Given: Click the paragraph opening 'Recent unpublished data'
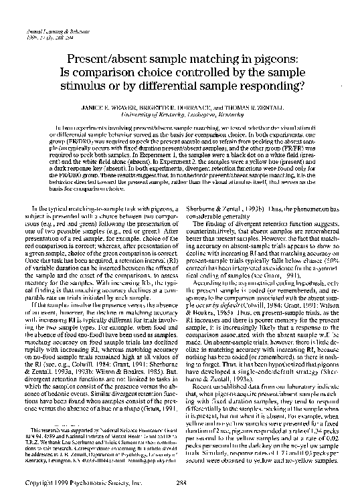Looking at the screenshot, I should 272,425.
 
